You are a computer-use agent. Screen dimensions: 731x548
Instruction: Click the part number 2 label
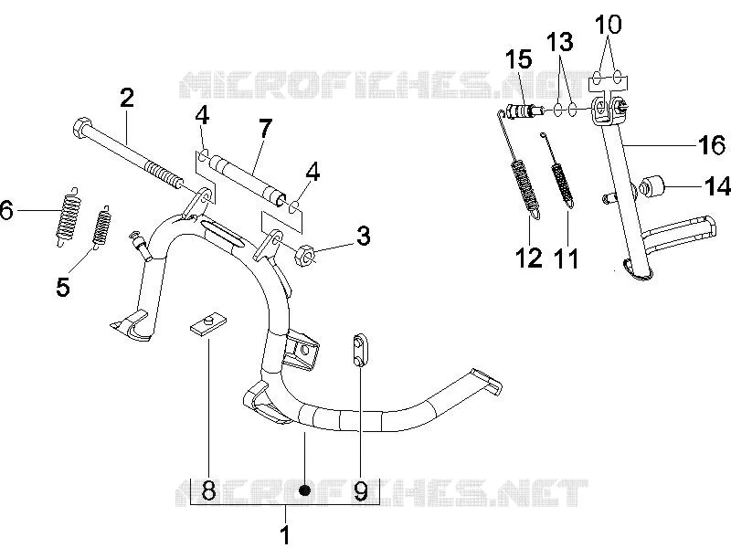coord(126,98)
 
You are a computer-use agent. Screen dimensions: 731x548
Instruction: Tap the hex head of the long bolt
coord(80,126)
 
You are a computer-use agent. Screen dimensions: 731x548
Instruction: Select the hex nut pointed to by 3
coord(303,255)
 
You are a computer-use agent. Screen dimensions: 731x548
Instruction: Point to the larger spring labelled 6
coord(69,216)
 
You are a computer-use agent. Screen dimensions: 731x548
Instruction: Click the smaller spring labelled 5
coord(101,227)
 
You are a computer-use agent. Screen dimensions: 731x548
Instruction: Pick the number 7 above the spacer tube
coord(265,128)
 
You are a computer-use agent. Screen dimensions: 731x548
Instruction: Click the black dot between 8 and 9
coord(305,490)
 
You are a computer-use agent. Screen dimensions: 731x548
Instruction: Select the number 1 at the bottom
coord(286,534)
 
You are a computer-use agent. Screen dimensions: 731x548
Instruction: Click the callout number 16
coord(711,145)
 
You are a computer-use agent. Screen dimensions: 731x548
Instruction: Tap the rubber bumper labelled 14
coord(653,187)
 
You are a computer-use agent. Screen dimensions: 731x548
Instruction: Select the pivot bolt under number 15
coord(524,112)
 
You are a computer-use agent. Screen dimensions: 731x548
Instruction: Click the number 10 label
coord(609,25)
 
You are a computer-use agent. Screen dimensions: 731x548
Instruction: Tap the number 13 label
coord(559,41)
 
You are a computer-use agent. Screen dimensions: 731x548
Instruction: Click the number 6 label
coord(6,211)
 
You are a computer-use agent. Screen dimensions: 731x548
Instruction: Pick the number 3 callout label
coord(363,236)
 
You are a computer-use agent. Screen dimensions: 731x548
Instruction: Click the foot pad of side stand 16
coord(638,273)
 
